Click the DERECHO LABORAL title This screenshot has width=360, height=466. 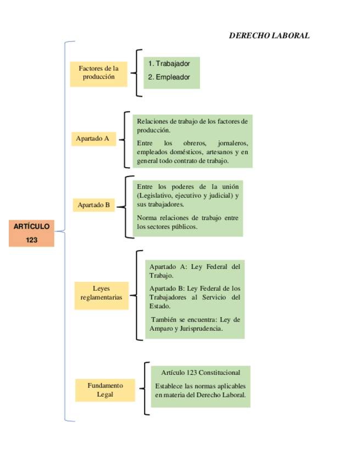pos(269,36)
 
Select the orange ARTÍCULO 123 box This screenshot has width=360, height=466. pos(31,232)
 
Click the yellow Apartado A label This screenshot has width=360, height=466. pos(93,139)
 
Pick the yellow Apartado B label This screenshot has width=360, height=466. pos(93,205)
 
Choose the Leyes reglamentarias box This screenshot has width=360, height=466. pos(101,293)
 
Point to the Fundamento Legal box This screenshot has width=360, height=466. pos(105,390)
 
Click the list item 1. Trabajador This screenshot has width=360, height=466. pos(169,64)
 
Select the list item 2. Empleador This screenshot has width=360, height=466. pos(169,77)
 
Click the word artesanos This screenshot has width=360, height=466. pos(219,152)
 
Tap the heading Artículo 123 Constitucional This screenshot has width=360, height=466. pos(201,373)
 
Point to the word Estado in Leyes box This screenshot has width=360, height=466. pos(160,307)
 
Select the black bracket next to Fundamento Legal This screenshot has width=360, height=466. pos(145,389)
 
